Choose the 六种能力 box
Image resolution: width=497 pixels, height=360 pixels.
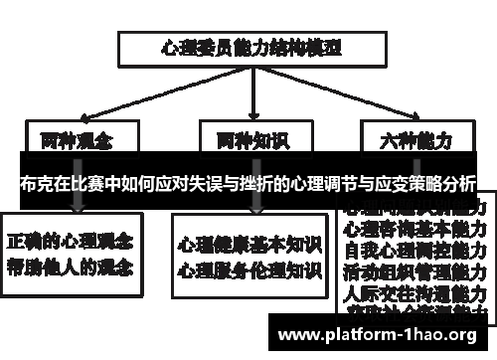(409, 138)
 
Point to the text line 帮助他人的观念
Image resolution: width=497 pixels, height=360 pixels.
(72, 267)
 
